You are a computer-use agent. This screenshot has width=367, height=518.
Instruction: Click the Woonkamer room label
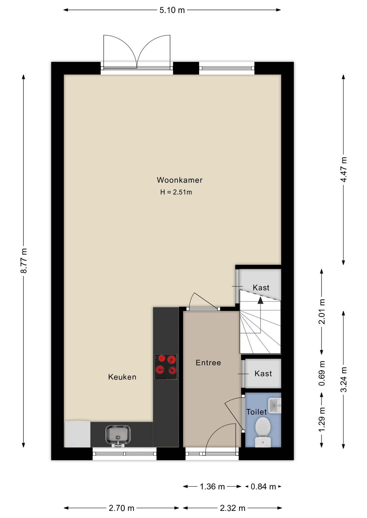[179, 180]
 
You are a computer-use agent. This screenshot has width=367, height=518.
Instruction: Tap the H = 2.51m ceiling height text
[176, 192]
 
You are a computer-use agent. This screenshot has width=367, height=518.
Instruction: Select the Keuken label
[122, 377]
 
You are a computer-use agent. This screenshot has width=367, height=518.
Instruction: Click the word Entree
[208, 363]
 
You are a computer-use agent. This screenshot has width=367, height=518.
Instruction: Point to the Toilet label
[256, 412]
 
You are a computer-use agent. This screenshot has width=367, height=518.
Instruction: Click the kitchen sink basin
[118, 435]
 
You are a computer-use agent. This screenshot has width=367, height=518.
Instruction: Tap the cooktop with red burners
[166, 367]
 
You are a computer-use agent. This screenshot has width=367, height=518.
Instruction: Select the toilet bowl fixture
[263, 432]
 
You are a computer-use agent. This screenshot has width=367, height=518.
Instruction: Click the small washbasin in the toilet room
[275, 405]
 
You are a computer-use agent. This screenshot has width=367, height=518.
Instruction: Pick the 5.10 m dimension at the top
[172, 10]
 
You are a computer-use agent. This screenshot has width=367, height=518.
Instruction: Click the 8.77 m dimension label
[24, 261]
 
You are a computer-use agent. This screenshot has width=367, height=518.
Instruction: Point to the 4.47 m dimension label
[343, 169]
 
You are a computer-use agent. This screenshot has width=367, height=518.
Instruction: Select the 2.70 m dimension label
[121, 508]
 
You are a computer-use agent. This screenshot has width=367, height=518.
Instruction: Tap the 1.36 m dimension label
[212, 486]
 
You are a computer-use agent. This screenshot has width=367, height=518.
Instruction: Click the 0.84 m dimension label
[263, 486]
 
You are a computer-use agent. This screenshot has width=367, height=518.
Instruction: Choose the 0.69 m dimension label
[322, 373]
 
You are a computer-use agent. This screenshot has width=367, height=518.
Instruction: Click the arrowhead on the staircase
[260, 300]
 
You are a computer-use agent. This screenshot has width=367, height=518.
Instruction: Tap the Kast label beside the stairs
[261, 288]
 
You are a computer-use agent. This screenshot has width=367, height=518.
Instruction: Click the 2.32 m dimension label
[232, 508]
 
